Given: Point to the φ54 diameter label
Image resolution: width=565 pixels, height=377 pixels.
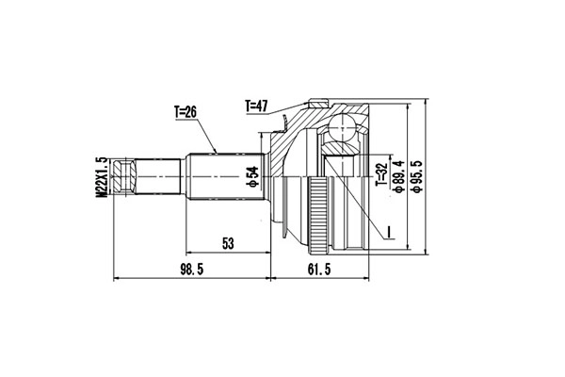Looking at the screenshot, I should pyautogui.click(x=251, y=175).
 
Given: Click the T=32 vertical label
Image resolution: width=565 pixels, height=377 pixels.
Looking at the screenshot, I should pyautogui.click(x=381, y=175).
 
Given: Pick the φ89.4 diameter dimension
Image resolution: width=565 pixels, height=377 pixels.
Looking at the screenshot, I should pyautogui.click(x=399, y=175).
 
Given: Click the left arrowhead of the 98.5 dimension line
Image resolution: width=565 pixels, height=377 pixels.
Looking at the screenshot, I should pyautogui.click(x=116, y=279).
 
